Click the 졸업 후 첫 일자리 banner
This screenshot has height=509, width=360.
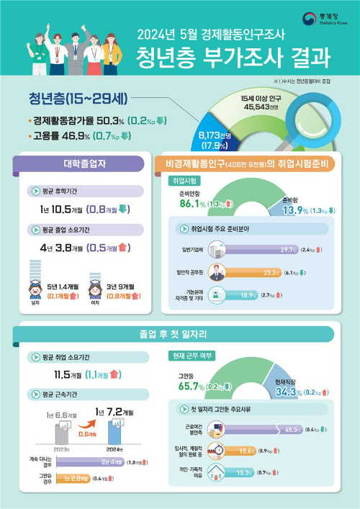click(x=180, y=334)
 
